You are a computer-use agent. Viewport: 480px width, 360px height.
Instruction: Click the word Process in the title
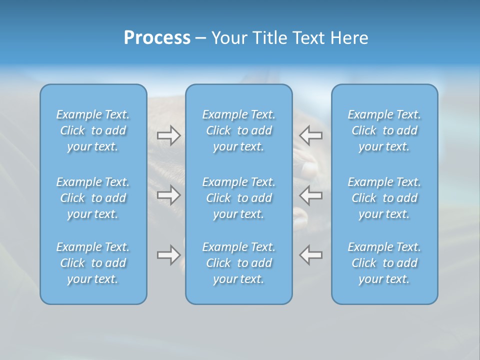157,38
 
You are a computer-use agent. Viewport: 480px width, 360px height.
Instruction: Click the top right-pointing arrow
168,135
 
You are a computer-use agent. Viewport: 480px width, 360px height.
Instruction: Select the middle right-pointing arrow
168,195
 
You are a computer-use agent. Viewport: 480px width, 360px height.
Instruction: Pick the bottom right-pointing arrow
168,255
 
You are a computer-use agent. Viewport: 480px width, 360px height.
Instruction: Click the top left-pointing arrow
310,135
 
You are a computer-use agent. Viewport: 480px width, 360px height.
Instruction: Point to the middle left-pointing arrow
310,195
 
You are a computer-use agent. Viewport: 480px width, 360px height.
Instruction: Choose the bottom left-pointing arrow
310,255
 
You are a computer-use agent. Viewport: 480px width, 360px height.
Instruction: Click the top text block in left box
93,130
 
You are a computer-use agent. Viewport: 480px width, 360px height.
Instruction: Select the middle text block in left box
93,198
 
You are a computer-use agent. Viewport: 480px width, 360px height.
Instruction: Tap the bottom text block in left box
93,263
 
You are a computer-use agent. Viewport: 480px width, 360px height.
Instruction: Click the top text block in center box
239,130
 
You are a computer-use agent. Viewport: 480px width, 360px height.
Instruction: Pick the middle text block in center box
239,198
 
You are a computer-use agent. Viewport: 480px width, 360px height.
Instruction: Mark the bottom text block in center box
239,263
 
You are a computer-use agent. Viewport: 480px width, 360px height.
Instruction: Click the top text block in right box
384,130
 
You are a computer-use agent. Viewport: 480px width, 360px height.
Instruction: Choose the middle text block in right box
384,198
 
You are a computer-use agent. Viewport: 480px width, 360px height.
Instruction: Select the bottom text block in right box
384,263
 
